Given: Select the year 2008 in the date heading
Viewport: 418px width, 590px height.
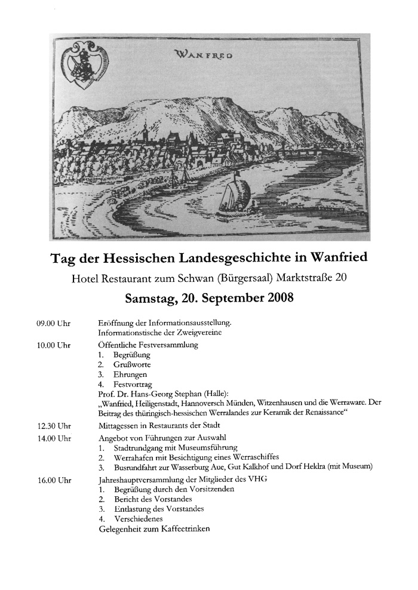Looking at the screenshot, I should pyautogui.click(x=274, y=297).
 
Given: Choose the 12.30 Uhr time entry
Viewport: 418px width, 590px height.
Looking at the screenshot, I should pyautogui.click(x=54, y=426).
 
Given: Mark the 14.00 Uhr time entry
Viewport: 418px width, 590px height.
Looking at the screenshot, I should pyautogui.click(x=54, y=438).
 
